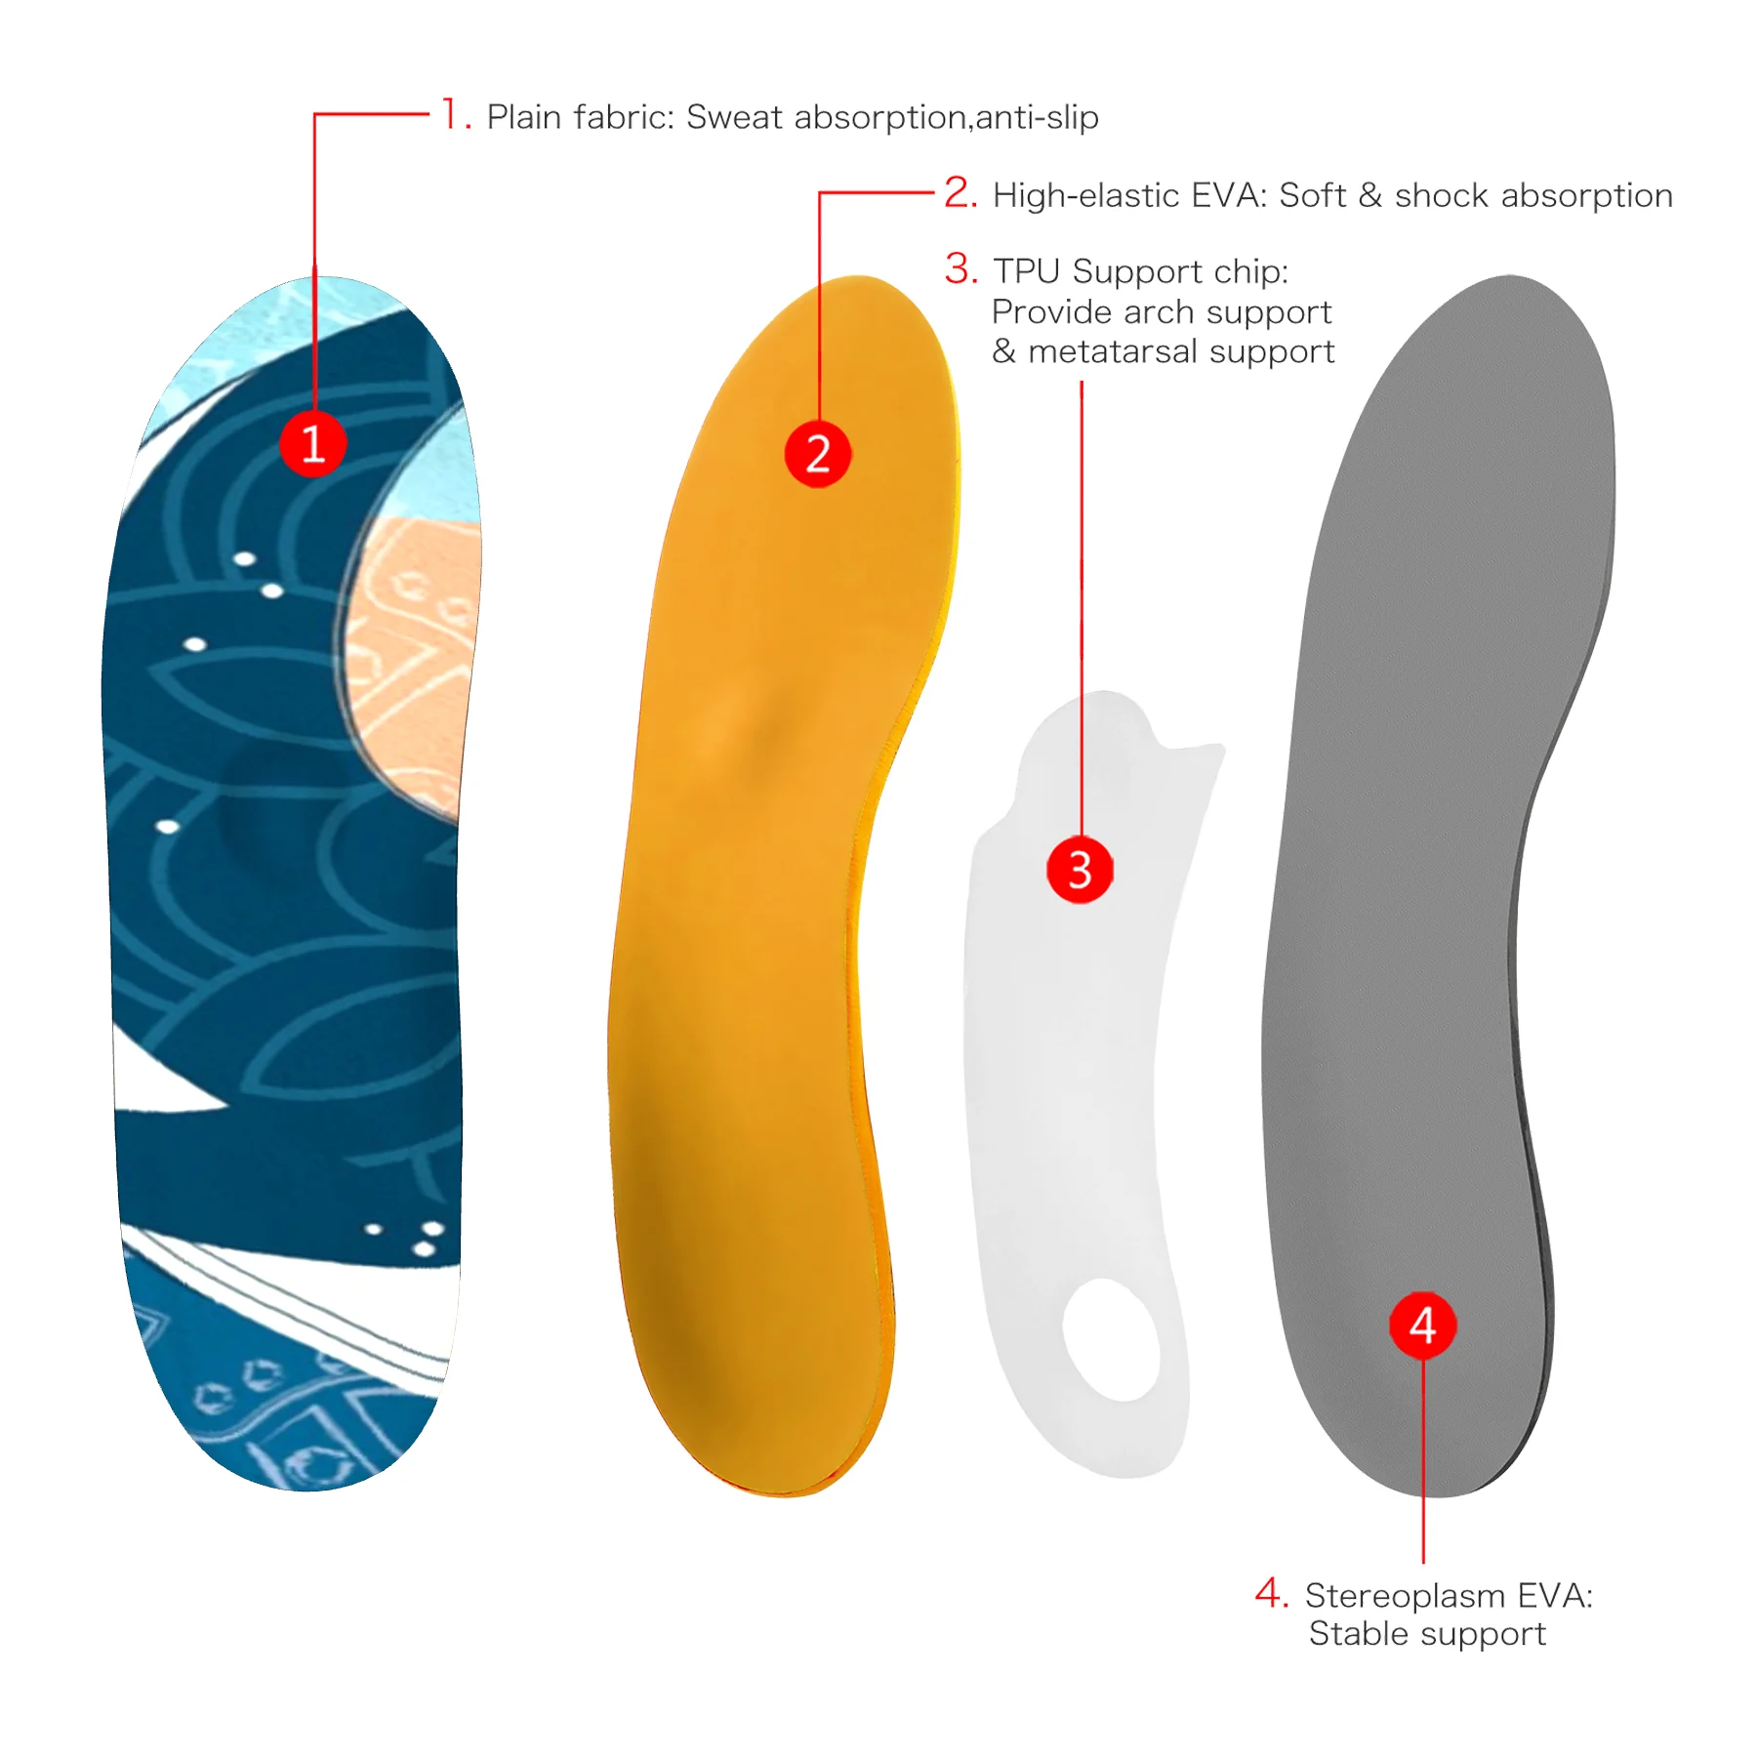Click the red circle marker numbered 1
[313, 444]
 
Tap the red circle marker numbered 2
[818, 454]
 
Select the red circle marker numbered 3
[1080, 869]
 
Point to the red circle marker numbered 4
[1422, 1326]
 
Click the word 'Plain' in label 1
[525, 117]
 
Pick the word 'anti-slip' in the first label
[1037, 117]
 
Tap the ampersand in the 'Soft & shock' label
[1369, 195]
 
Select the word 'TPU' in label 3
[1026, 271]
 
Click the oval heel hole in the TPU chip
[1113, 1339]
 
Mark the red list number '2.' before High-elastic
[960, 193]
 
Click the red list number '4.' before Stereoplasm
[1272, 1593]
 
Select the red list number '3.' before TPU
[960, 269]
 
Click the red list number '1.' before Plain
[456, 115]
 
